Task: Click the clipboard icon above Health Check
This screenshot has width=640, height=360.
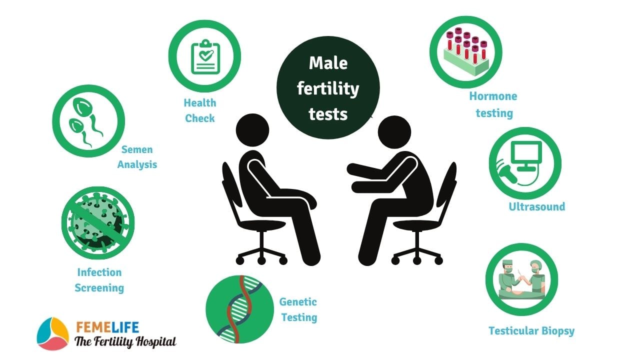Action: pyautogui.click(x=205, y=57)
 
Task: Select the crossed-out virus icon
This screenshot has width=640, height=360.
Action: pyautogui.click(x=98, y=223)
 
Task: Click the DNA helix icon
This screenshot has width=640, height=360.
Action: pyautogui.click(x=239, y=309)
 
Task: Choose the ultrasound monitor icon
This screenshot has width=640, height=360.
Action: pyautogui.click(x=521, y=163)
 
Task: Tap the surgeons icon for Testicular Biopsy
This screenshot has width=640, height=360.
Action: pyautogui.click(x=521, y=279)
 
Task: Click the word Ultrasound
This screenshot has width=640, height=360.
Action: pyautogui.click(x=537, y=206)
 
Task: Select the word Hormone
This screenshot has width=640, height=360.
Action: pyautogui.click(x=493, y=96)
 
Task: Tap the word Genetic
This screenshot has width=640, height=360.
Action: pyautogui.click(x=298, y=302)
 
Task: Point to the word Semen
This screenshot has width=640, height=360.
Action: pyautogui.click(x=137, y=149)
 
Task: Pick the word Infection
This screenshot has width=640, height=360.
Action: pyautogui.click(x=99, y=272)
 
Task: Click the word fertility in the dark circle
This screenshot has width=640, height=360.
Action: pyautogui.click(x=328, y=88)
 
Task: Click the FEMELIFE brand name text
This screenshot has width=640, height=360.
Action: pyautogui.click(x=107, y=327)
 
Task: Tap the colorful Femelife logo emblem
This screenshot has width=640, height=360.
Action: pyautogui.click(x=53, y=333)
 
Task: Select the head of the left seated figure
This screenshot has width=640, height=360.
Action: pyautogui.click(x=252, y=130)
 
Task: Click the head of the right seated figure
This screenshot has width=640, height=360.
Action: pyautogui.click(x=394, y=132)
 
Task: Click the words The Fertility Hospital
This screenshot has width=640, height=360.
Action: pyautogui.click(x=125, y=342)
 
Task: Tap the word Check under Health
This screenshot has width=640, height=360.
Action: pyautogui.click(x=199, y=118)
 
